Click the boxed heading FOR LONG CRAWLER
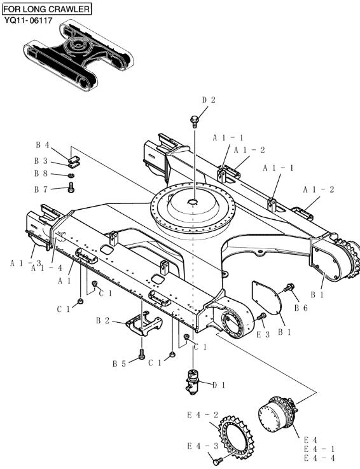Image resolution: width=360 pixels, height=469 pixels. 46,9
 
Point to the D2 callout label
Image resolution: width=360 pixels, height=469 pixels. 209,100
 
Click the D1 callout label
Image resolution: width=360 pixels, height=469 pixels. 219,385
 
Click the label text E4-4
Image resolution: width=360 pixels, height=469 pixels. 319,458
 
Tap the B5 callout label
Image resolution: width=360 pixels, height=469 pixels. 119,364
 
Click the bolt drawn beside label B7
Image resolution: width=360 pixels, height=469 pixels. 71,187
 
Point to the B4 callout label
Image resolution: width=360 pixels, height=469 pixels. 42,145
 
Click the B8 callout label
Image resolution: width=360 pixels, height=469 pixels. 42,173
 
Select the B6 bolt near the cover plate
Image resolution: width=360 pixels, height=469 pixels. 289,289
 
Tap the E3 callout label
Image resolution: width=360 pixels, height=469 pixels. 263,334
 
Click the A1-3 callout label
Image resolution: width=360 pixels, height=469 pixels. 25,262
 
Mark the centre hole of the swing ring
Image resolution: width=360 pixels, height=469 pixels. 193,202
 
